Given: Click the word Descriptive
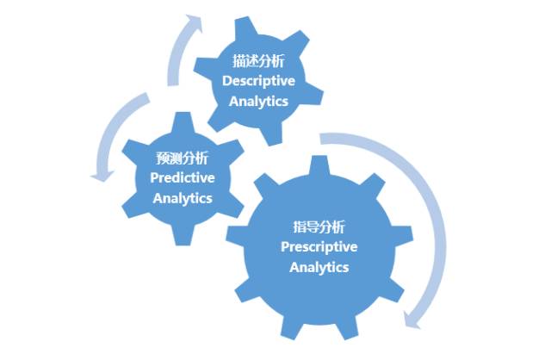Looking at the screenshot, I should [x=259, y=81].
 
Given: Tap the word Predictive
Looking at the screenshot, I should [x=183, y=177].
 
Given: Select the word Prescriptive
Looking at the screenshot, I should [x=319, y=247].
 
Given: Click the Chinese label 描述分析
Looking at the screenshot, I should [x=258, y=61].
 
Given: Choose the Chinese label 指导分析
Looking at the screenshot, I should [x=319, y=227].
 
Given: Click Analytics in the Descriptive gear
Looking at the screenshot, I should [x=259, y=101].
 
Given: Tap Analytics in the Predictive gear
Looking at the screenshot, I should [x=183, y=197].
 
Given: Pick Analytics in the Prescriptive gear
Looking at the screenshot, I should [x=319, y=267].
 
